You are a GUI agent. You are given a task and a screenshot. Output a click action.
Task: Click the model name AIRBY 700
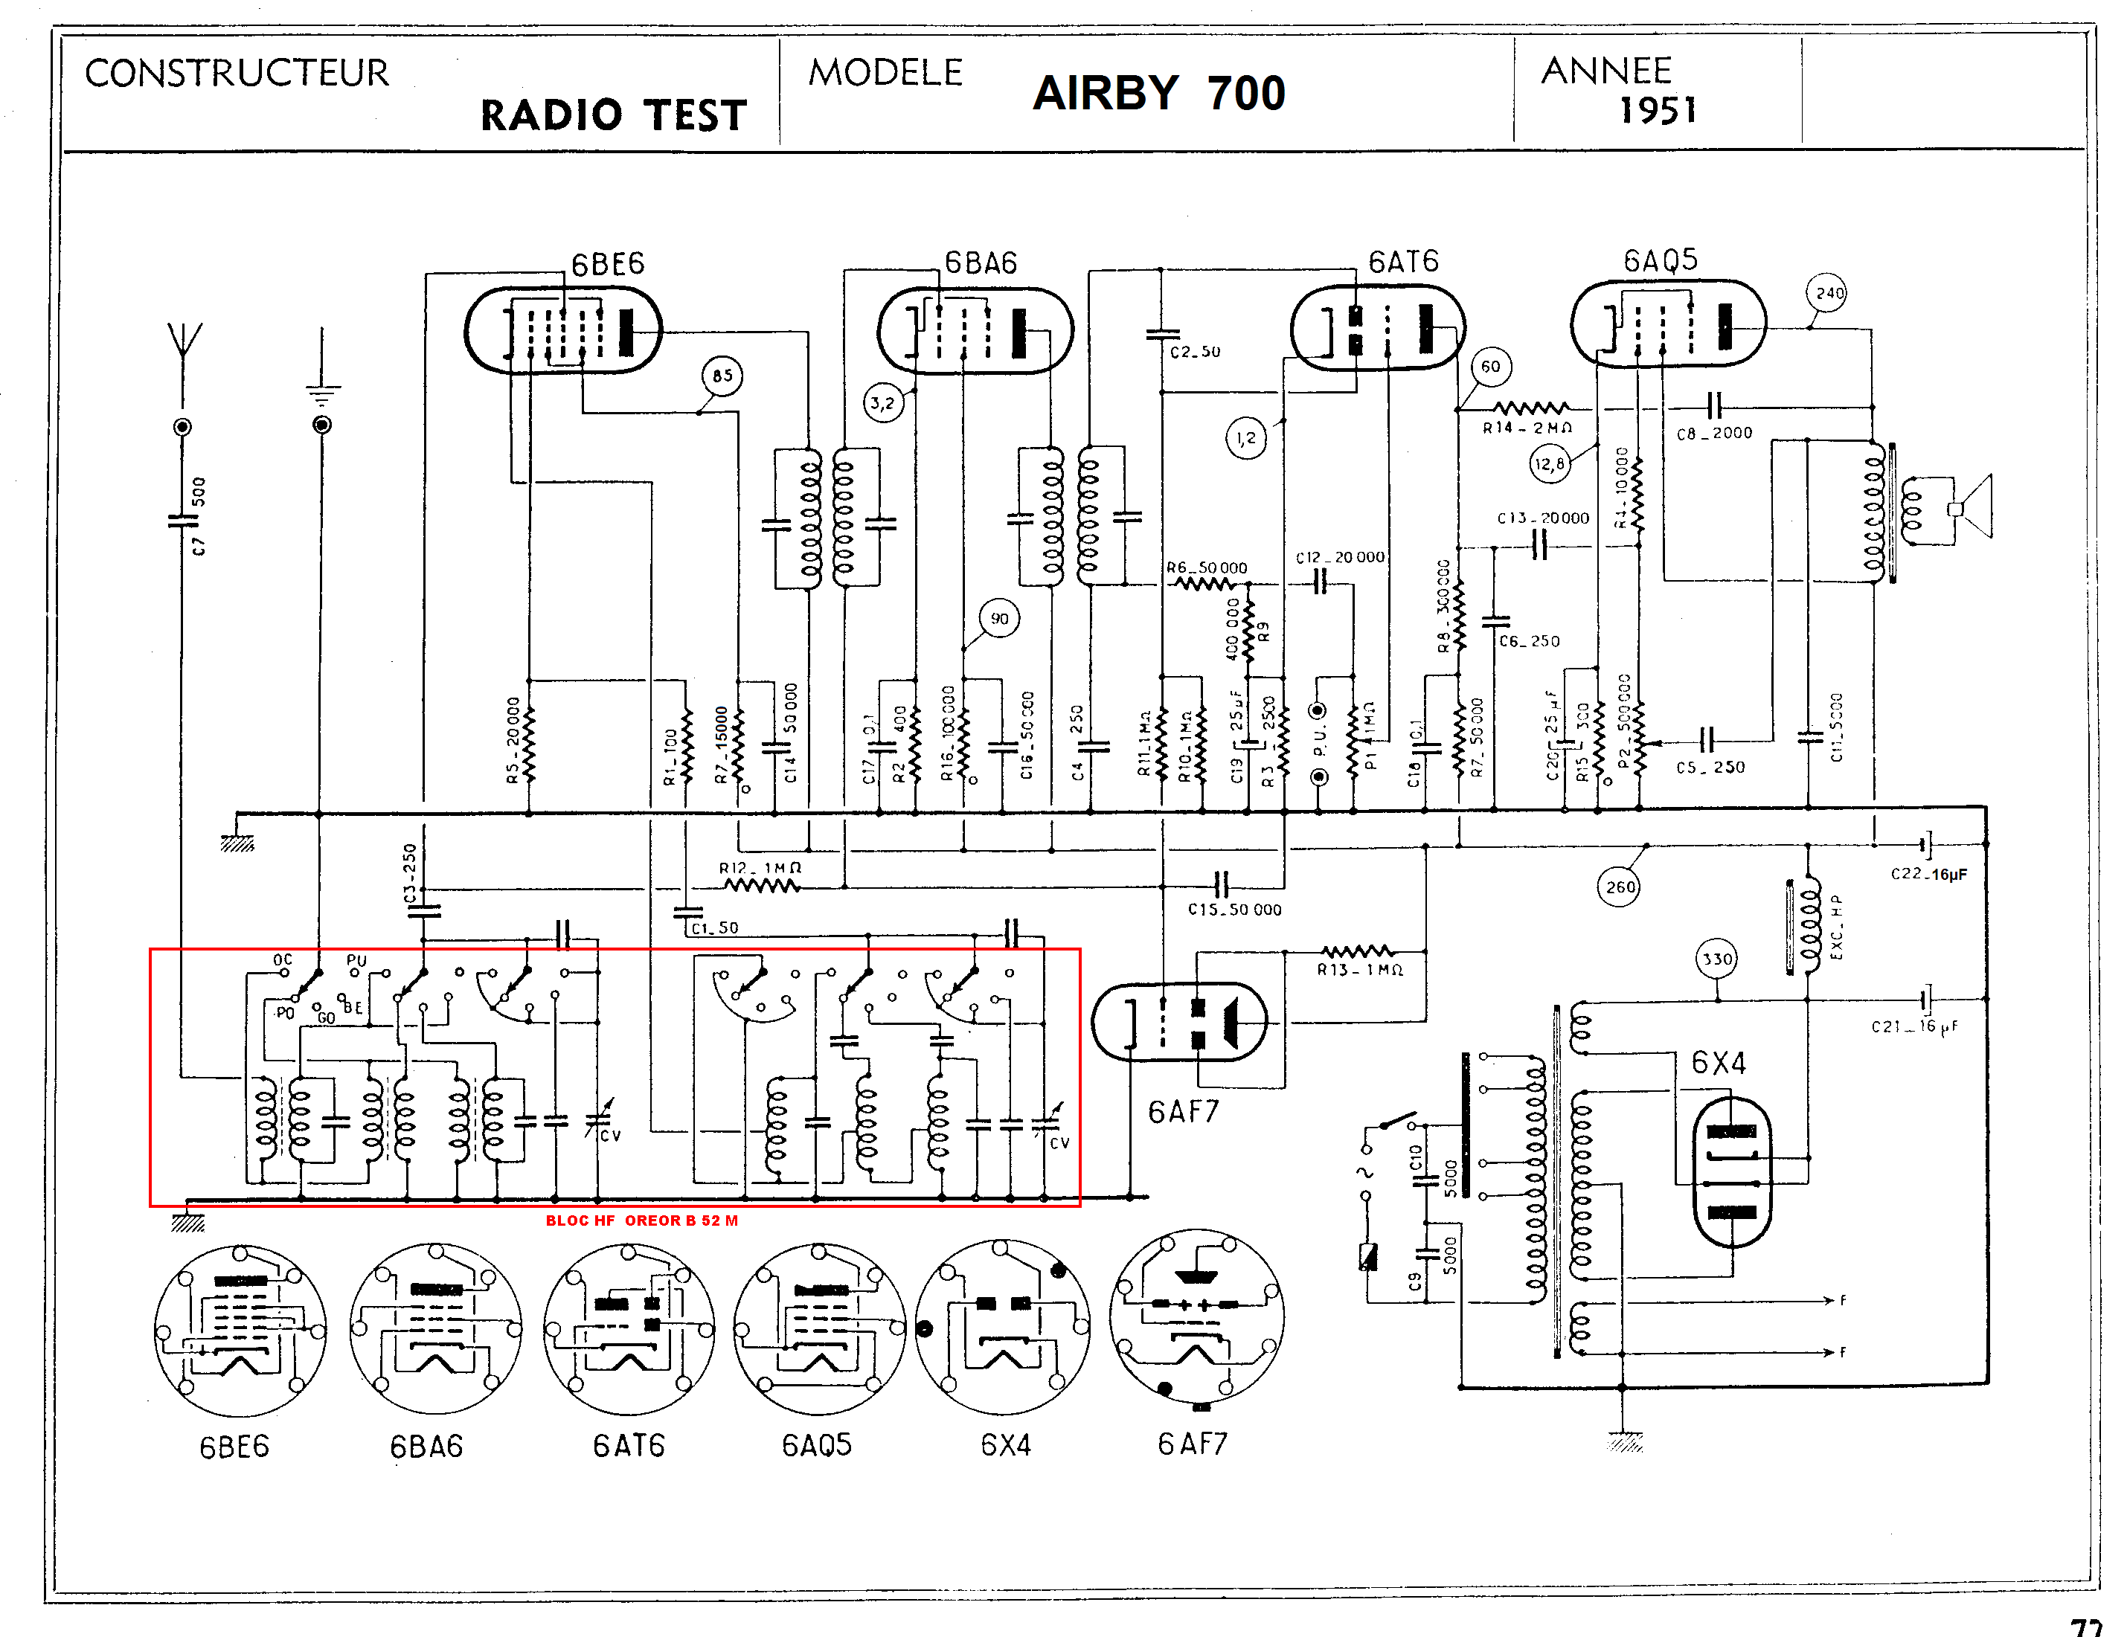[1159, 94]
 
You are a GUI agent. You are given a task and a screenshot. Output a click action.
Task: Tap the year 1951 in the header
[1658, 110]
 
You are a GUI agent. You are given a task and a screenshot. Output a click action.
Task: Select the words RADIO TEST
[614, 115]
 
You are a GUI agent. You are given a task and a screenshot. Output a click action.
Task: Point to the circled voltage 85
[722, 376]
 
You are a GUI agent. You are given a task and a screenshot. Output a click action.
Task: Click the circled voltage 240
[1829, 293]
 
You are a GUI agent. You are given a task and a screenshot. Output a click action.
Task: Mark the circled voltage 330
[1717, 959]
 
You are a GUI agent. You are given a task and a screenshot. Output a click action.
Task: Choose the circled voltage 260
[1620, 887]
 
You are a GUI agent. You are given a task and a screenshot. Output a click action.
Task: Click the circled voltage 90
[999, 618]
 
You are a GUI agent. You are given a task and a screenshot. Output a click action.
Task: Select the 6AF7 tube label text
[1184, 1112]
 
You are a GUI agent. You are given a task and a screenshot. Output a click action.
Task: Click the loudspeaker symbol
[1972, 507]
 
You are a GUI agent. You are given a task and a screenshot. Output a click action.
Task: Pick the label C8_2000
[1714, 434]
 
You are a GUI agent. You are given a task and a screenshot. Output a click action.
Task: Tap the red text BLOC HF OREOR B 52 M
[642, 1220]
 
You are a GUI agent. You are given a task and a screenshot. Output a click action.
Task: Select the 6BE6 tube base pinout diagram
[240, 1331]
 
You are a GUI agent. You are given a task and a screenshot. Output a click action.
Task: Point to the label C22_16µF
[1928, 875]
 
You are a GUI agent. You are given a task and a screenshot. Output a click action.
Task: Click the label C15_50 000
[1234, 910]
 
